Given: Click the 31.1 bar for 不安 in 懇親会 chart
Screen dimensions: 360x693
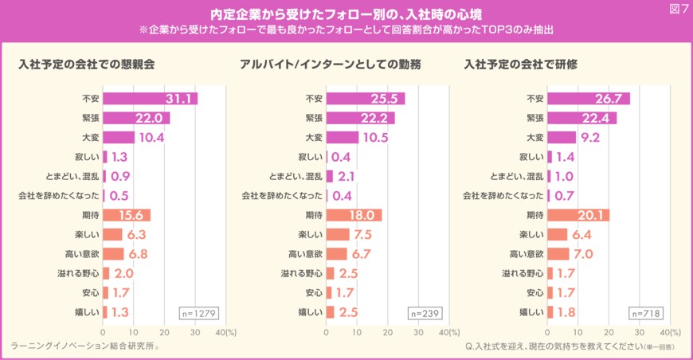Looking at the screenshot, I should click(x=150, y=99).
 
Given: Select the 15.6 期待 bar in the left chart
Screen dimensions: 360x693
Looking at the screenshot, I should click(x=127, y=215).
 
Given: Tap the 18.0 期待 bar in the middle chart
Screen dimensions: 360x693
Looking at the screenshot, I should click(x=354, y=215).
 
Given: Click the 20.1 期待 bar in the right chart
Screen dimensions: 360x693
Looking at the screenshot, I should click(x=578, y=215).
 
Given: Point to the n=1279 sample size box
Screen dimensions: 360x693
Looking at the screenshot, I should click(x=198, y=312).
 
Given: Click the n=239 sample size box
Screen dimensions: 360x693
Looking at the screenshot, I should click(x=422, y=312).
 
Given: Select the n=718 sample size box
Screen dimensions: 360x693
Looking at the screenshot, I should click(x=645, y=312).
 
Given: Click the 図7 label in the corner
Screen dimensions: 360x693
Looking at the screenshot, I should click(x=677, y=9).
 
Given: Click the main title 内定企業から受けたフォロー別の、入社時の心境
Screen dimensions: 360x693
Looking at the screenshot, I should click(x=346, y=14).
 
